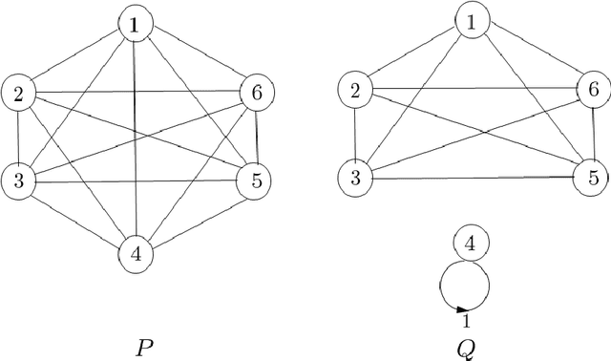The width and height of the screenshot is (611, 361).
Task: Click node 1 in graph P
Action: [x=135, y=26]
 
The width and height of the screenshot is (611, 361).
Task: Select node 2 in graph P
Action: [x=18, y=93]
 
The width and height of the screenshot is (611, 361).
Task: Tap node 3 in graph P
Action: [x=17, y=179]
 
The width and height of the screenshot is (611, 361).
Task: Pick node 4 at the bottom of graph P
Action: [x=136, y=254]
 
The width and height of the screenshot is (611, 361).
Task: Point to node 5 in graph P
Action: [x=253, y=180]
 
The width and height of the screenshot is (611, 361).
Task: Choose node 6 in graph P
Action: [x=256, y=93]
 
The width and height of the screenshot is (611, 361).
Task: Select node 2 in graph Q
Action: [x=355, y=91]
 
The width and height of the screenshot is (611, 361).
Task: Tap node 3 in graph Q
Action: [x=356, y=177]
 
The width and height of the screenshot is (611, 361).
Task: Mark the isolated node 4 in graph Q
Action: [x=469, y=244]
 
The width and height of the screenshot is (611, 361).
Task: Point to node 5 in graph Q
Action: [x=592, y=177]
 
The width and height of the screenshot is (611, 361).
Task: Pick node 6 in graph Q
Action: [x=593, y=90]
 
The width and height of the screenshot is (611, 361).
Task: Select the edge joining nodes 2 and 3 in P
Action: [x=17, y=136]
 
